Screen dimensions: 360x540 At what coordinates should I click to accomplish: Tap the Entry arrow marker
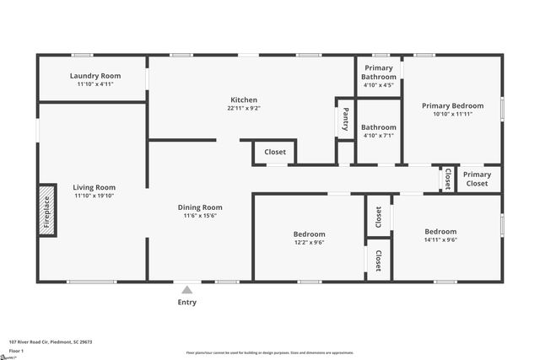coord(187,289)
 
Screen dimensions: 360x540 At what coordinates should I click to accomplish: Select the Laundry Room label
coord(94,76)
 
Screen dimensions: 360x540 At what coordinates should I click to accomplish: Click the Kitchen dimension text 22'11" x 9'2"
coord(244,108)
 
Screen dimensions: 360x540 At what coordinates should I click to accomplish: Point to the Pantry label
coord(345,120)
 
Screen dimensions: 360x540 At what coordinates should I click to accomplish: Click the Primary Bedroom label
coord(453,105)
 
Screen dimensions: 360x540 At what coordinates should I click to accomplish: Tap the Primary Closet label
coord(478,179)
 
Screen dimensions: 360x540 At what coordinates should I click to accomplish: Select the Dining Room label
coord(200,207)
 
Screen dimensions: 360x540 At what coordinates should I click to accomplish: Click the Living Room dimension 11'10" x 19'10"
coord(94,196)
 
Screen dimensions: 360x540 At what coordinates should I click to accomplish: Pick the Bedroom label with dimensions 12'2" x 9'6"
coord(309,234)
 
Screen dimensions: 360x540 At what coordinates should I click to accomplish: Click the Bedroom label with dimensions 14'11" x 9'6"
coord(440,232)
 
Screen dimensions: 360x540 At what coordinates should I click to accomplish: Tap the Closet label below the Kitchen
coord(275,153)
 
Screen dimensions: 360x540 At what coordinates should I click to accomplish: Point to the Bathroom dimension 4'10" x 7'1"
coord(379,136)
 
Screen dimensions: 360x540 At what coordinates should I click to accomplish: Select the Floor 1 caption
coord(16,351)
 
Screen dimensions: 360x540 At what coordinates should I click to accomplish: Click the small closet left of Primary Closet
coord(447,178)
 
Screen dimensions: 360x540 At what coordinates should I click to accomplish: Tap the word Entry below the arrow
coord(187,302)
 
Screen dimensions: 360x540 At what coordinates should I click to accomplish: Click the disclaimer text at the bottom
coord(270,352)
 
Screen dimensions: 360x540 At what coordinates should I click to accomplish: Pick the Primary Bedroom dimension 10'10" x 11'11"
coord(453,114)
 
